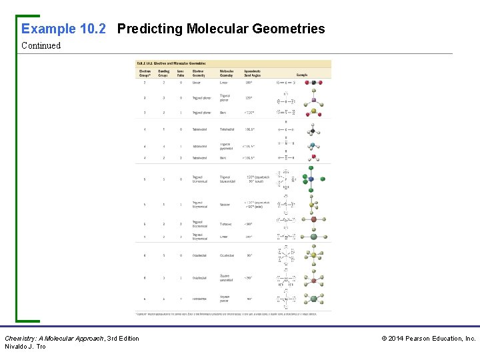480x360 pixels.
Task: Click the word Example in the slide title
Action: point(49,29)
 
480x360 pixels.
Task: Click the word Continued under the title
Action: point(41,46)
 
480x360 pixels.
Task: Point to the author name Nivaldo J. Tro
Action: point(25,347)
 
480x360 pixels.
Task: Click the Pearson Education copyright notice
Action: point(428,339)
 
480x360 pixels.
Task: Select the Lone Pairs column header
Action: point(180,73)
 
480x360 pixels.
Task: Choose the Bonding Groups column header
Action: point(163,73)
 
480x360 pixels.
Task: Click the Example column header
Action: point(302,75)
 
